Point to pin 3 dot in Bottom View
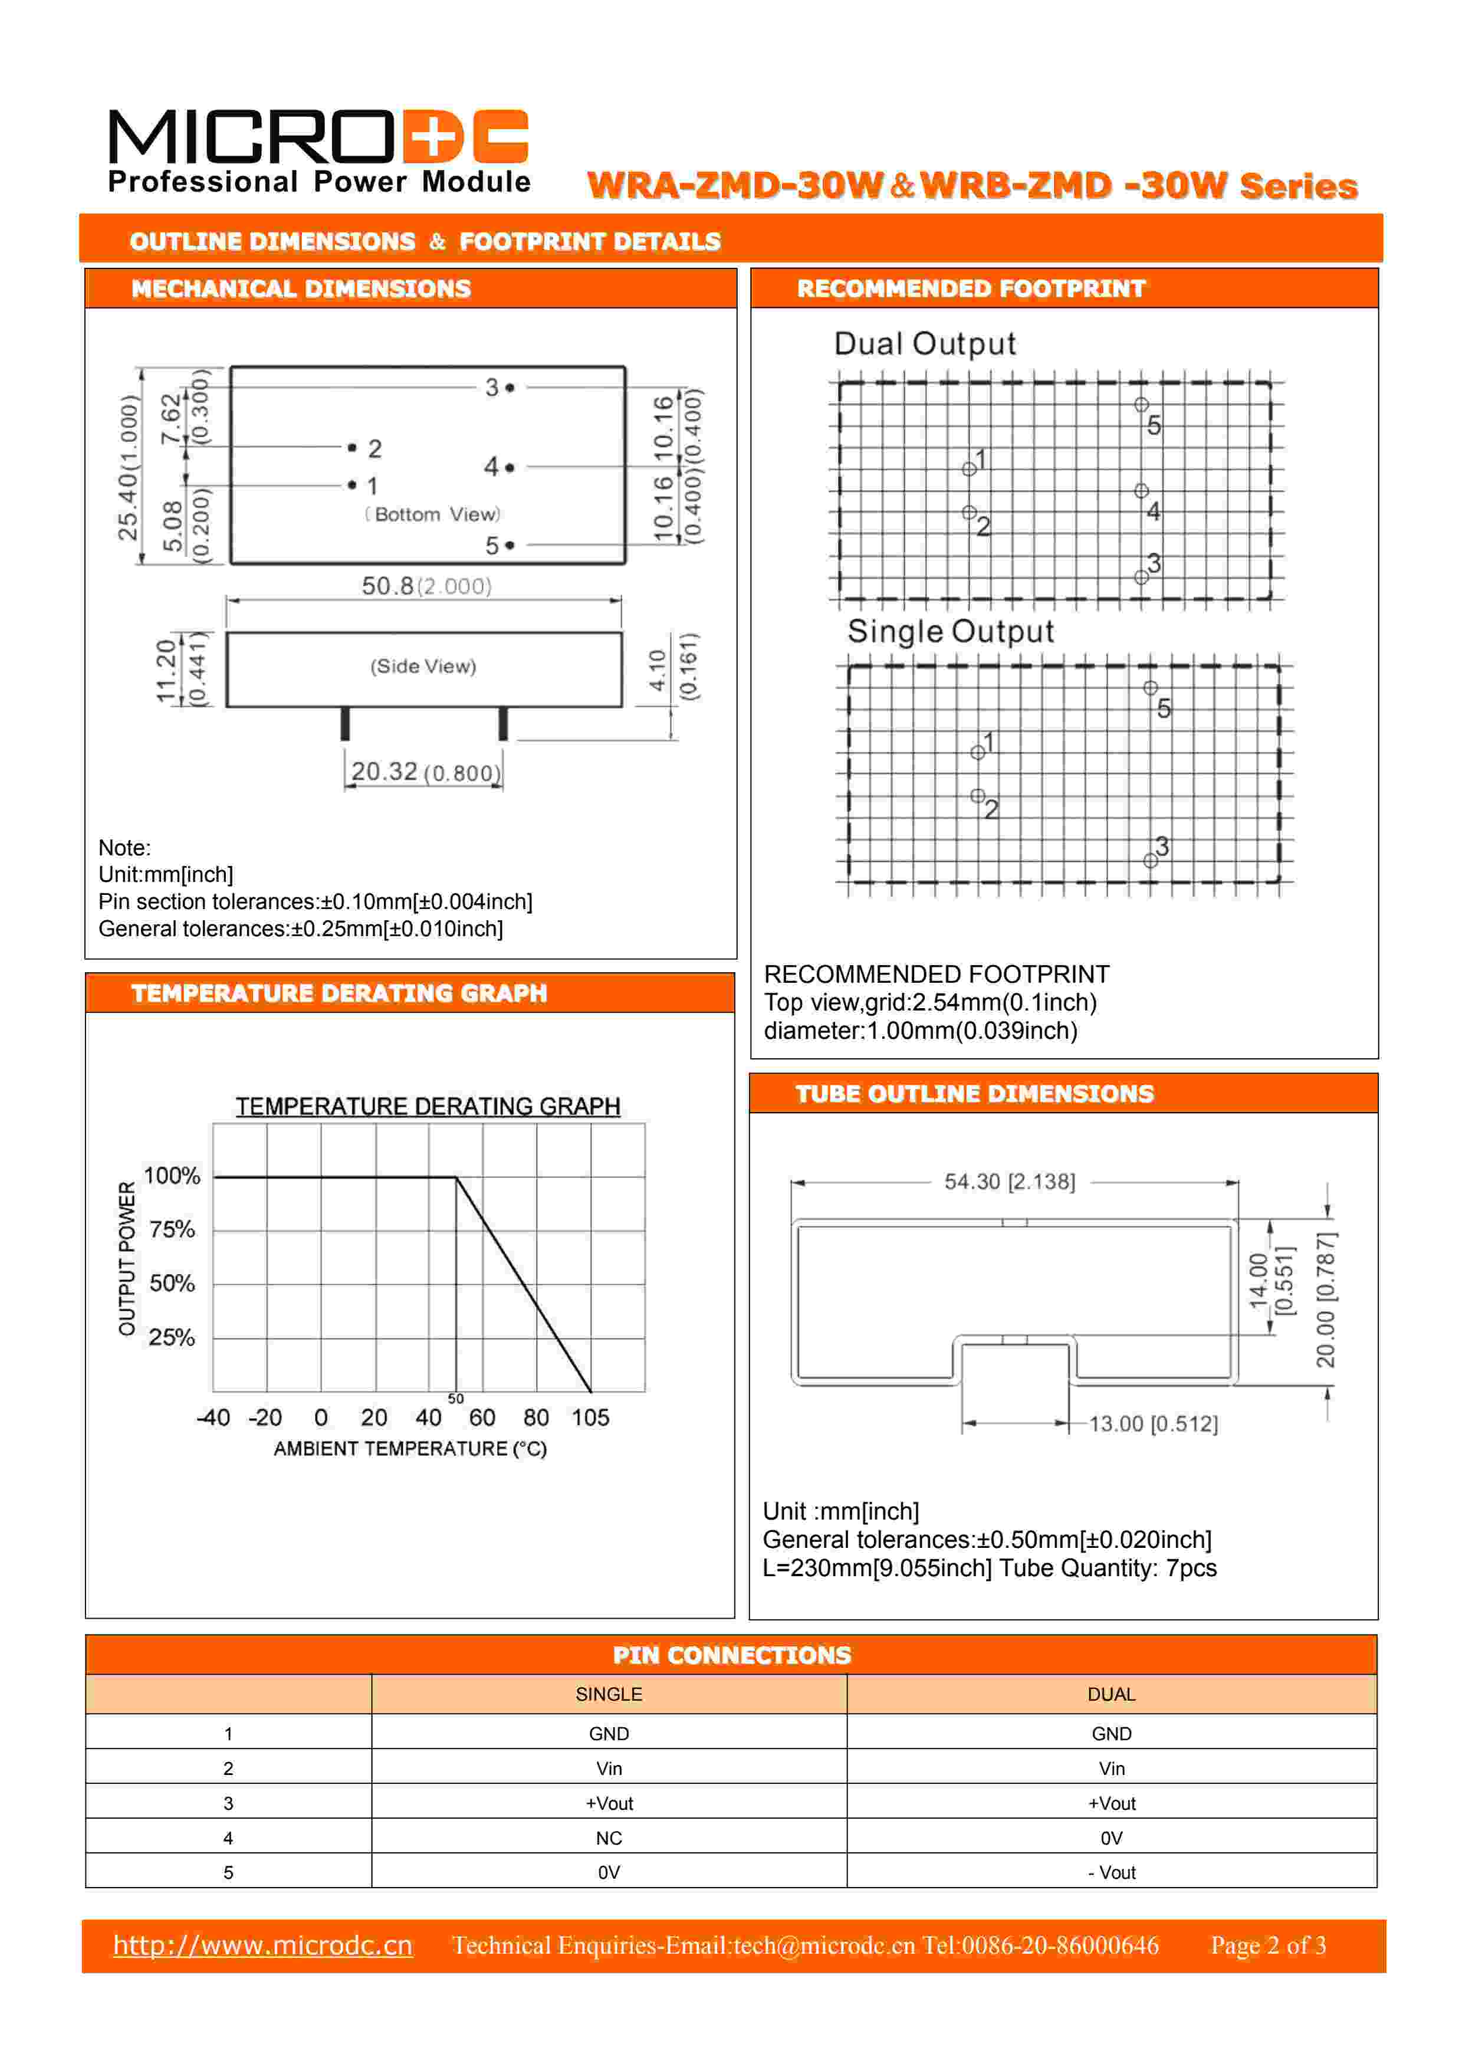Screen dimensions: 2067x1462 click(x=510, y=388)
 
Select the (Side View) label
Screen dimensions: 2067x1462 click(x=423, y=666)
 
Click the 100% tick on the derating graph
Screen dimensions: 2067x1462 click(x=172, y=1176)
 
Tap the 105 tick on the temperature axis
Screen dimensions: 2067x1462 click(x=590, y=1418)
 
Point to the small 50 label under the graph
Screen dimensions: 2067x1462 click(x=455, y=1398)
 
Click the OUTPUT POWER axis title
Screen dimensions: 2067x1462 click(x=127, y=1259)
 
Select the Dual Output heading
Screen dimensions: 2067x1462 click(x=925, y=344)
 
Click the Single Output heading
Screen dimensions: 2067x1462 click(x=950, y=631)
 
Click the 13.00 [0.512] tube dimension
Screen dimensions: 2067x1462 click(x=1153, y=1423)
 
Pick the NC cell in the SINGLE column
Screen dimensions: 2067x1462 click(x=609, y=1838)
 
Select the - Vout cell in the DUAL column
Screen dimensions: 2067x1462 click(x=1112, y=1872)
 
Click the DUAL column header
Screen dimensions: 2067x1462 click(x=1112, y=1694)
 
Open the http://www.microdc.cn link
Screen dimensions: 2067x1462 click(x=263, y=1945)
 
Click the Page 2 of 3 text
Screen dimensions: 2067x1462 click(x=1267, y=1945)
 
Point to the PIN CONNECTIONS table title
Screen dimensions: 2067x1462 click(x=731, y=1655)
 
